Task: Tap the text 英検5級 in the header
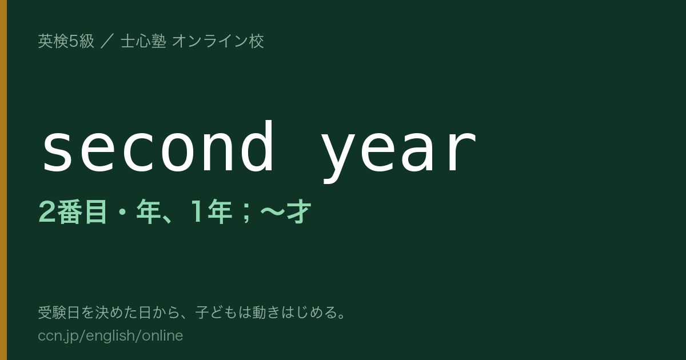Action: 66,41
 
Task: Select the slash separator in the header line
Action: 107,41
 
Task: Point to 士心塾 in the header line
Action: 143,41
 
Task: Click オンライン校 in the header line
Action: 218,41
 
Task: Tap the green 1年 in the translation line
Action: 211,211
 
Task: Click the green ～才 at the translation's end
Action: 285,211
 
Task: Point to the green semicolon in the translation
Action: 246,213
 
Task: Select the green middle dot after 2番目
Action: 122,212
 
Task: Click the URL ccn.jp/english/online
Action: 110,335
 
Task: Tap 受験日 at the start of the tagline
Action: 59,313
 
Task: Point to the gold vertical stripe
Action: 3,180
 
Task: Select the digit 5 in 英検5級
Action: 74,41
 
